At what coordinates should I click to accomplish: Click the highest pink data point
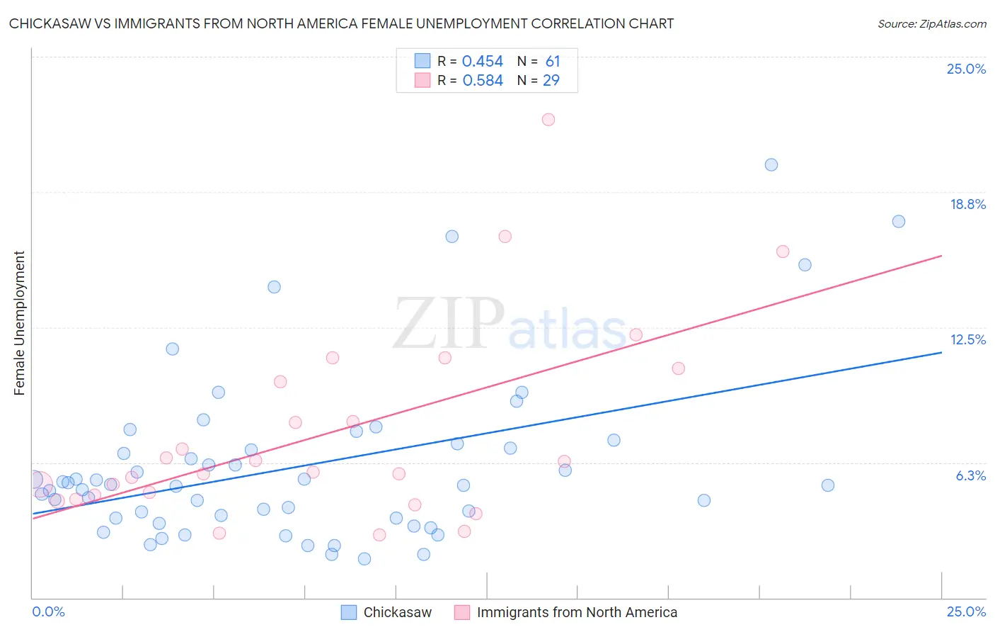tap(548, 120)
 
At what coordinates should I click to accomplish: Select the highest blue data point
tap(771, 165)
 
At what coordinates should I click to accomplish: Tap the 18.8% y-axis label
tap(967, 204)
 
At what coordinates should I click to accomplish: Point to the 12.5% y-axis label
tap(967, 339)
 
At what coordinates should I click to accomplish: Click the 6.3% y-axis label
tap(970, 475)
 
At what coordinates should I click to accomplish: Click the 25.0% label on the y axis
tap(966, 69)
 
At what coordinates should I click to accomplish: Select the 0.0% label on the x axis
tap(49, 611)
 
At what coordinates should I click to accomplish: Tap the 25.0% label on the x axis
tap(966, 611)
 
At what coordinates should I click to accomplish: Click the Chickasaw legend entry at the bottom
tap(397, 612)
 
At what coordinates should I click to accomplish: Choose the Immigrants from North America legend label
tap(577, 612)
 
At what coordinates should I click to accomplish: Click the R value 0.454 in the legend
tap(483, 62)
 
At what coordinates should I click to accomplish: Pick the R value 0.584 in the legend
tap(483, 81)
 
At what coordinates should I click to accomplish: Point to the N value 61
tap(553, 62)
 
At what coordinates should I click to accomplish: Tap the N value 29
tap(551, 81)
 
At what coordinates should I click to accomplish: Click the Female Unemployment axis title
tap(20, 323)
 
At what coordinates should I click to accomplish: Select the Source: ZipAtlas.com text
tap(931, 24)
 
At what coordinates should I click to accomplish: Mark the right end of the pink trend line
tap(942, 256)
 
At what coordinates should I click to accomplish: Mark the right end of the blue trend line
tap(942, 352)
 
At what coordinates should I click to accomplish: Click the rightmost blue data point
tap(899, 222)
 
